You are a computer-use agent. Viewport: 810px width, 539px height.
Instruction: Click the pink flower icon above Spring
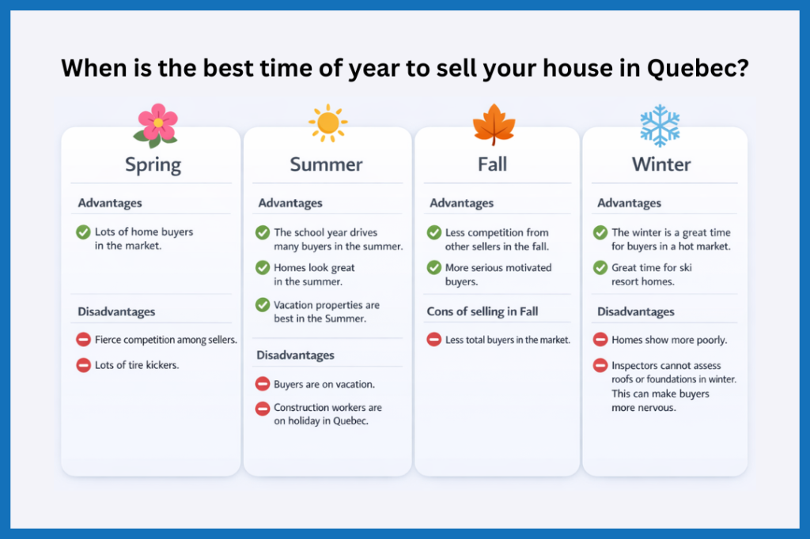tap(157, 125)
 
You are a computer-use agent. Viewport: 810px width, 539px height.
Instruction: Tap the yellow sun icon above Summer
tap(327, 124)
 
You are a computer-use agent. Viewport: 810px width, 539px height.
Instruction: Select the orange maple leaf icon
tap(494, 125)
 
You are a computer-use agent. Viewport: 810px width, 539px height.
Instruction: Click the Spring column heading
tap(153, 164)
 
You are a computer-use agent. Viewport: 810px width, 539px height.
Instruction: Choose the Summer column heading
tap(326, 164)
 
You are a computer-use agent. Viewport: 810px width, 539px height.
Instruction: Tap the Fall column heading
tap(492, 164)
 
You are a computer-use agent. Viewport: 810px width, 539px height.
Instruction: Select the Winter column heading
tap(661, 164)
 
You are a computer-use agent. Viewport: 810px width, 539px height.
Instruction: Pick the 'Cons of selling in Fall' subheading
tap(483, 311)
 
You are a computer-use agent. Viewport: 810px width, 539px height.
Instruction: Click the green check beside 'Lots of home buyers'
tap(83, 232)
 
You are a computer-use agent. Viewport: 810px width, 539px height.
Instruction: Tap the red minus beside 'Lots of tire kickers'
tap(83, 365)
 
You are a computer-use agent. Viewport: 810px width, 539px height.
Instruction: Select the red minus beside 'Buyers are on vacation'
tap(263, 384)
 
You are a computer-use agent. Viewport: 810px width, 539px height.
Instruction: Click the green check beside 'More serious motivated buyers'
tap(434, 268)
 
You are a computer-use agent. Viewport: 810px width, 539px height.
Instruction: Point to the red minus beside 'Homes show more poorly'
tap(600, 340)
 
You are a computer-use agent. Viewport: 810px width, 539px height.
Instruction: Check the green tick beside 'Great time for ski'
tap(600, 268)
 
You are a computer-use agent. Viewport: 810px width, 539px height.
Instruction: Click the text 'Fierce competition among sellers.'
tap(165, 340)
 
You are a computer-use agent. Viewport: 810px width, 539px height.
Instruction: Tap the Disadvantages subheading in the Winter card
tap(636, 311)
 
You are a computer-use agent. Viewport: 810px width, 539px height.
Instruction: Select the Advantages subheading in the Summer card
tap(290, 203)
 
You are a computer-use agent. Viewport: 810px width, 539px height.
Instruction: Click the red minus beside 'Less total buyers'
tap(434, 340)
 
